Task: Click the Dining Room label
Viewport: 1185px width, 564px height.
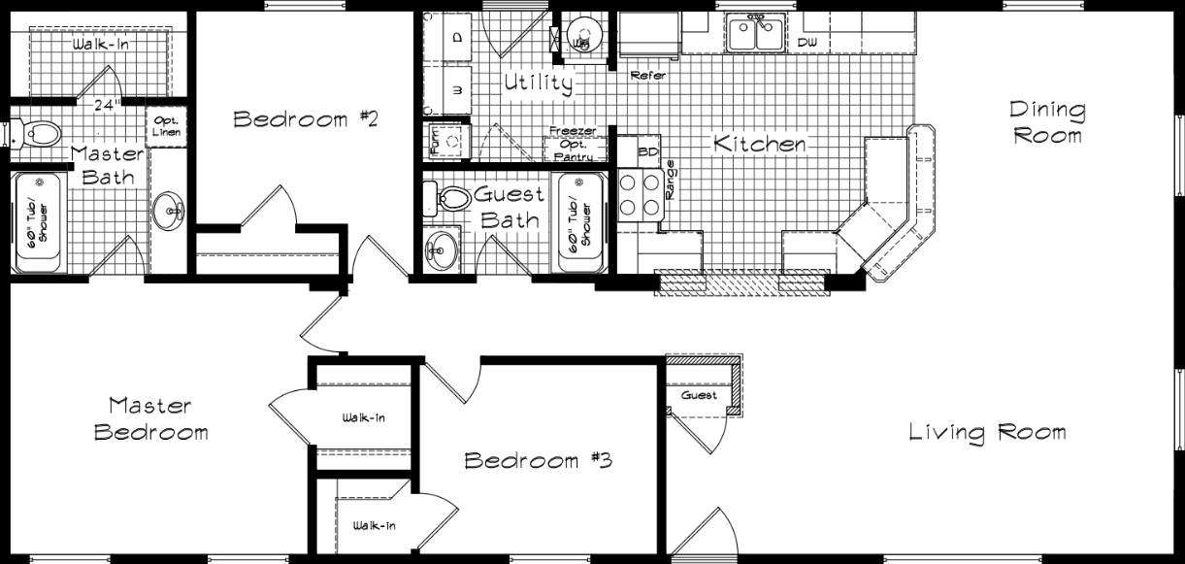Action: coord(1047,122)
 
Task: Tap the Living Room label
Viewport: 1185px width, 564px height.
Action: coord(987,432)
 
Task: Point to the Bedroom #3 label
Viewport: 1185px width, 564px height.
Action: coord(537,459)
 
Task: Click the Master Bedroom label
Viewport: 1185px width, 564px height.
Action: coord(150,418)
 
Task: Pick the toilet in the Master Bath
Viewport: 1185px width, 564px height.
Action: coord(36,132)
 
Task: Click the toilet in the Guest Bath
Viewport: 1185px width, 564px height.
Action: coord(449,199)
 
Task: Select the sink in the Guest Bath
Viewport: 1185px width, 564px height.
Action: coord(443,250)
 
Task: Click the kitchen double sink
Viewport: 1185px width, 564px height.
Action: coord(757,34)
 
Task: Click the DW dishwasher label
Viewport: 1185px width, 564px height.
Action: coord(806,43)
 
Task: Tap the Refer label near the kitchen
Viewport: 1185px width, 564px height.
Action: coord(647,75)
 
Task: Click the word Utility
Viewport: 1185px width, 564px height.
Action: coord(538,83)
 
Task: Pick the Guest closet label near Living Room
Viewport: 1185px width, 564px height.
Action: coord(699,395)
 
